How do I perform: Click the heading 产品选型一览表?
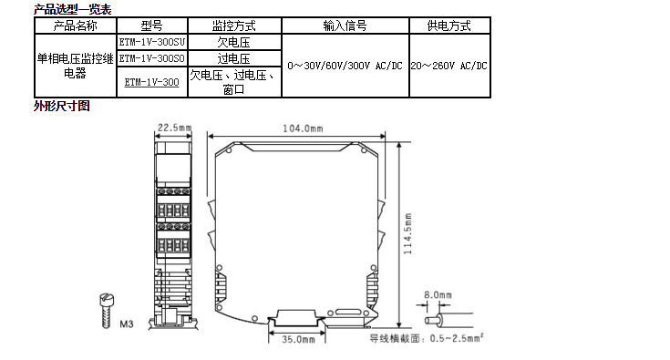(73, 9)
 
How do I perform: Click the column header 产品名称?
(75, 26)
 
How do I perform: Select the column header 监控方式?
(234, 26)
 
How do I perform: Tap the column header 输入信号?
(345, 26)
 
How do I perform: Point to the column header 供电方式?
(449, 26)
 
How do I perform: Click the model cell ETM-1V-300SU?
(152, 42)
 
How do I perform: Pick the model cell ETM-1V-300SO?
(152, 58)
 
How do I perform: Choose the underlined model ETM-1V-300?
(152, 82)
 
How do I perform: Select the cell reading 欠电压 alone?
(233, 42)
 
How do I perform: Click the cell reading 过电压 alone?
(233, 58)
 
